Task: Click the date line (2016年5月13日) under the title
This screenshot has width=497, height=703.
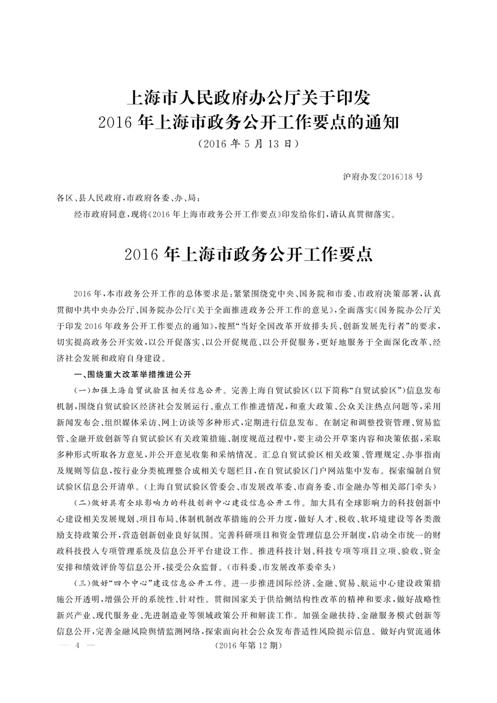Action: tap(248, 144)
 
